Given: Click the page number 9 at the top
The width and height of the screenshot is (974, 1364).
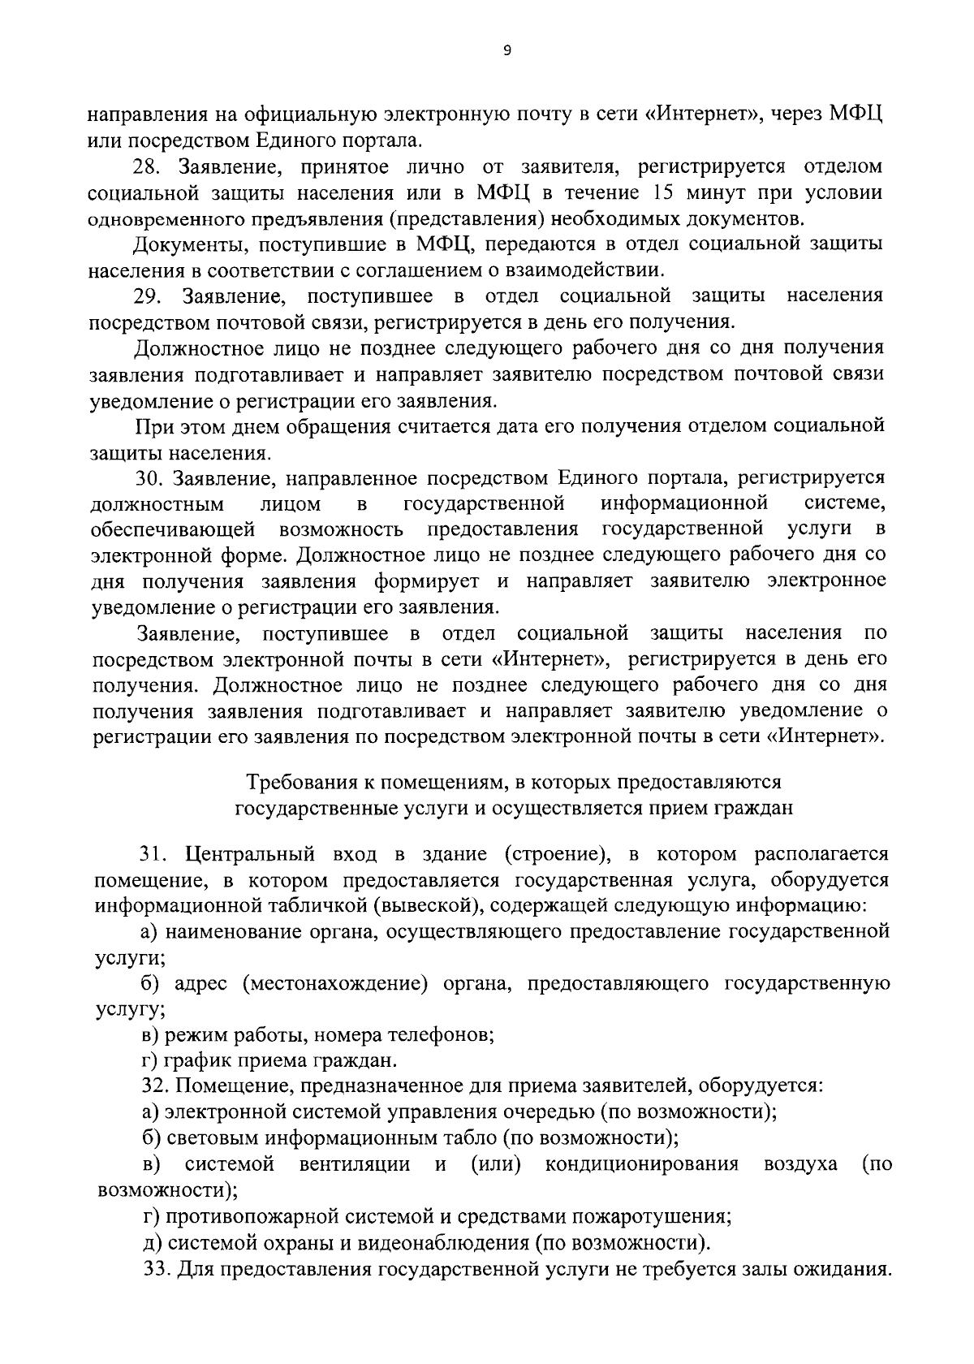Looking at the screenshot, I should (507, 50).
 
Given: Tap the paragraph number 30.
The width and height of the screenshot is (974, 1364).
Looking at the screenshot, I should (150, 477).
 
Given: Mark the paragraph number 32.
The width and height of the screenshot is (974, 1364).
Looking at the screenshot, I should (153, 1086).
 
